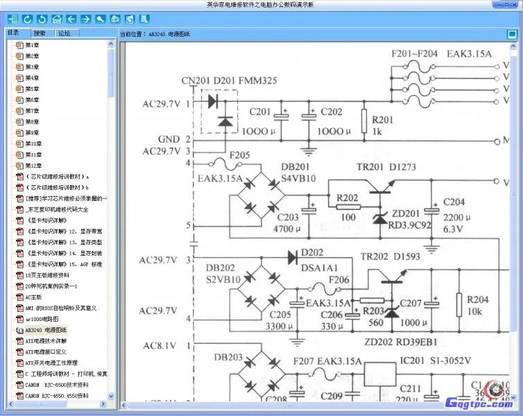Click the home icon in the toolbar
[56, 19]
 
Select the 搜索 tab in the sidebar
[40, 33]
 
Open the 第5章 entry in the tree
[32, 89]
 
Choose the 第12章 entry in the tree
[33, 166]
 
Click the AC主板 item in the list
[33, 297]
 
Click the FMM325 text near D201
[258, 81]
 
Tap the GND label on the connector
[169, 139]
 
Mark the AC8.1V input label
[160, 345]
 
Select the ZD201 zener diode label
[406, 213]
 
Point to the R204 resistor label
[478, 300]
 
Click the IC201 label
[415, 361]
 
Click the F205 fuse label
[240, 155]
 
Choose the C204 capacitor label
[454, 202]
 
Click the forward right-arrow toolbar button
[85, 19]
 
